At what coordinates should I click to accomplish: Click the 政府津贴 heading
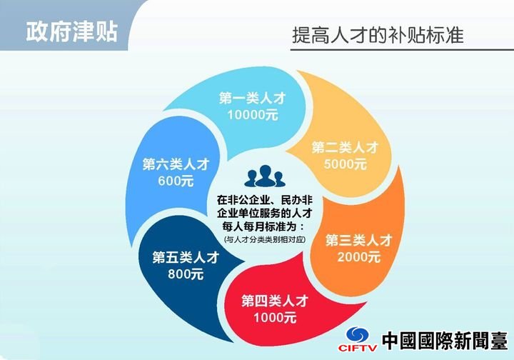[x=72, y=32]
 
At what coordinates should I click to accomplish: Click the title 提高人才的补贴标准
[x=378, y=35]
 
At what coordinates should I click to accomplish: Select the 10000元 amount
[x=253, y=115]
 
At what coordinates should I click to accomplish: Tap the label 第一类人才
[x=253, y=98]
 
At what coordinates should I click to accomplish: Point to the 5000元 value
[x=346, y=164]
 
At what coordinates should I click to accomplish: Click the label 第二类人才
[x=346, y=148]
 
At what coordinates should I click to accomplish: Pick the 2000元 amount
[x=359, y=256]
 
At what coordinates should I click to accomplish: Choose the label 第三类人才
[x=359, y=240]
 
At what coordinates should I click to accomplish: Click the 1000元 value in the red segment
[x=275, y=317]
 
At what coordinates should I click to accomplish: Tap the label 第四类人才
[x=275, y=301]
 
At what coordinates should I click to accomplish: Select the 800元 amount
[x=186, y=274]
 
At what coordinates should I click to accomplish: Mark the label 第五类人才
[x=186, y=257]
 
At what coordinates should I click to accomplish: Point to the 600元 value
[x=176, y=181]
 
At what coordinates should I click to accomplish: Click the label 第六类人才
[x=176, y=164]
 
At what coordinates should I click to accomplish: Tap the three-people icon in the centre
[x=265, y=176]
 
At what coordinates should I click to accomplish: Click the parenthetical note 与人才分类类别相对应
[x=265, y=240]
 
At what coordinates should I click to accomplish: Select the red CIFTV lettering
[x=358, y=347]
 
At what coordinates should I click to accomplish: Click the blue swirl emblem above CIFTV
[x=358, y=334]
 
